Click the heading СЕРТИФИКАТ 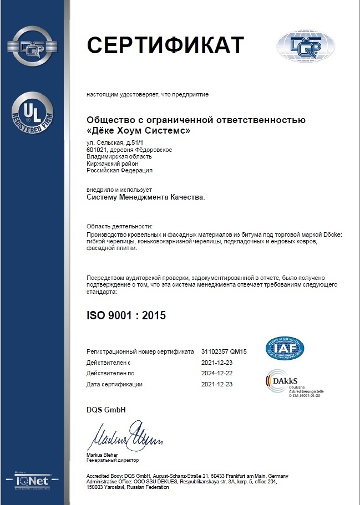pyautogui.click(x=165, y=45)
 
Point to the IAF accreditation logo pyautogui.click(x=285, y=348)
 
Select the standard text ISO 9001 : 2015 pyautogui.click(x=126, y=315)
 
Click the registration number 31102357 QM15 pyautogui.click(x=224, y=351)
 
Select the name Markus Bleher pyautogui.click(x=103, y=455)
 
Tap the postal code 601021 pyautogui.click(x=97, y=150)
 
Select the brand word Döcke pyautogui.click(x=332, y=235)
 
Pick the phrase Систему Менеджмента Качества pyautogui.click(x=145, y=196)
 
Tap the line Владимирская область pyautogui.click(x=119, y=157)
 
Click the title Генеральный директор pyautogui.click(x=113, y=460)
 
